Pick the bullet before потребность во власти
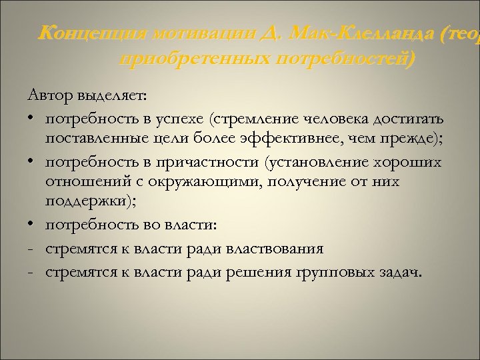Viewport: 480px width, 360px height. coord(32,226)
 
